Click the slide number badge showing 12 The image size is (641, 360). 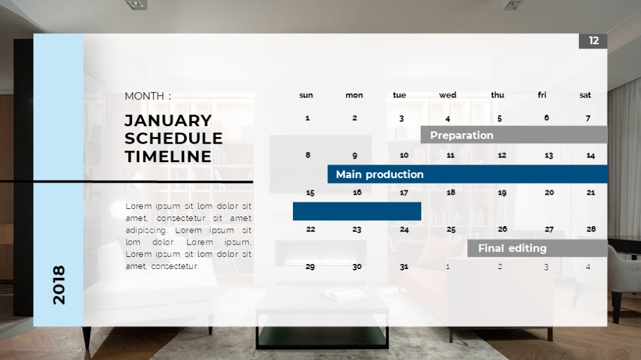click(x=593, y=41)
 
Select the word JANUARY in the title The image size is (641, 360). click(x=169, y=120)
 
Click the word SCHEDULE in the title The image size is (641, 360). click(x=174, y=138)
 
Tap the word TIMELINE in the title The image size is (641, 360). click(x=168, y=156)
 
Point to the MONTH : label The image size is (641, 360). click(x=148, y=96)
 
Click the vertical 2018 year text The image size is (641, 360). click(x=59, y=285)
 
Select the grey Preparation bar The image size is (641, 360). click(x=514, y=135)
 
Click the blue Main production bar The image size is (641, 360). click(x=468, y=174)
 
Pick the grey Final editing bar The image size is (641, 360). click(x=537, y=248)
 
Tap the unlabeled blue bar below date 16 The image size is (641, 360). click(x=357, y=211)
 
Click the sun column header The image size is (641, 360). click(x=306, y=95)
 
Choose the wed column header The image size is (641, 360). click(x=447, y=95)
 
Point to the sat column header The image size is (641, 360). click(x=585, y=95)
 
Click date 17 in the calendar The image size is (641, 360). click(x=404, y=192)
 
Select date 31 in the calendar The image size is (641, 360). click(x=404, y=267)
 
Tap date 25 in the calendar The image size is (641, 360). click(x=451, y=230)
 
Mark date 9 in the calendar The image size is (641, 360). click(x=354, y=156)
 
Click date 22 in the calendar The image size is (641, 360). click(x=311, y=229)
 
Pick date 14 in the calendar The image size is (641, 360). click(x=591, y=156)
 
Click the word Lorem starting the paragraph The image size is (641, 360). click(x=138, y=206)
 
